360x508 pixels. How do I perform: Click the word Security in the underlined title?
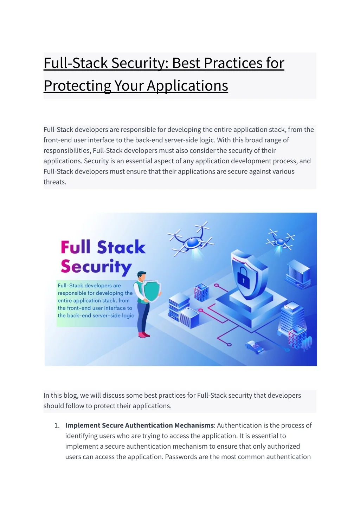[x=140, y=63]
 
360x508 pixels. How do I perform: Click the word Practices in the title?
[x=233, y=63]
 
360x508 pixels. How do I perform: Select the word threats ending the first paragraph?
[x=54, y=182]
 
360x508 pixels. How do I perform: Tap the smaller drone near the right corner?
[x=280, y=241]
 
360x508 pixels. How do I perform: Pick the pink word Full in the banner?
[x=76, y=247]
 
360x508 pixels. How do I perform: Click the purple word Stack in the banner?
[x=121, y=247]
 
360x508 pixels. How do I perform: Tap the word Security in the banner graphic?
[x=96, y=267]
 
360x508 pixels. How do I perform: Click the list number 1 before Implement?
[x=57, y=425]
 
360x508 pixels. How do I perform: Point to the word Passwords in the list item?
[x=181, y=457]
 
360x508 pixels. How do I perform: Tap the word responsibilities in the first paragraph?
[x=67, y=150]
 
